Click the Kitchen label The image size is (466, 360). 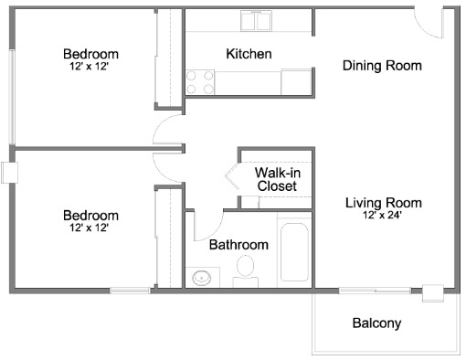pyautogui.click(x=249, y=54)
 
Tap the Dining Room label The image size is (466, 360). pyautogui.click(x=382, y=66)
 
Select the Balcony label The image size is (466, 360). pyautogui.click(x=376, y=323)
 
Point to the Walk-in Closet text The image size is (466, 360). pyautogui.click(x=278, y=179)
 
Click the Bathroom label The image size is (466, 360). pyautogui.click(x=238, y=245)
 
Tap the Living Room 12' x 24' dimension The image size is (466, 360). pyautogui.click(x=382, y=215)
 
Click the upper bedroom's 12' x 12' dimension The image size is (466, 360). pyautogui.click(x=90, y=66)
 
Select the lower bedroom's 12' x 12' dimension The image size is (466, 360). pyautogui.click(x=90, y=228)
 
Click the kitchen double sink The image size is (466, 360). pyautogui.click(x=256, y=21)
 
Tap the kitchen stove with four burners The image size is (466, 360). pyautogui.click(x=200, y=82)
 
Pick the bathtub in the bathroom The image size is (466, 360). pyautogui.click(x=294, y=252)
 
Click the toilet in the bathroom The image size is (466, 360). pyautogui.click(x=246, y=270)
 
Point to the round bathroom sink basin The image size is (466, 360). pyautogui.click(x=201, y=278)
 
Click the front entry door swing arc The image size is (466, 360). pyautogui.click(x=424, y=29)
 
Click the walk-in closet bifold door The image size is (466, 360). pyautogui.click(x=232, y=175)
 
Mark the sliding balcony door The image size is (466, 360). pyautogui.click(x=375, y=291)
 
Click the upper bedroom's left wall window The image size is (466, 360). pyautogui.click(x=12, y=97)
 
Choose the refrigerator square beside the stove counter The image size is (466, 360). pyautogui.click(x=296, y=82)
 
